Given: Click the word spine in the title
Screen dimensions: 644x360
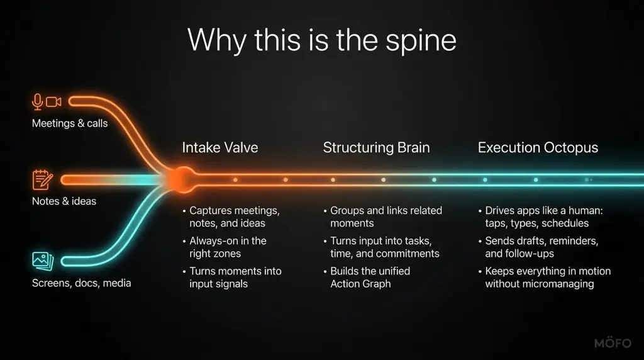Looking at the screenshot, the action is [421, 42].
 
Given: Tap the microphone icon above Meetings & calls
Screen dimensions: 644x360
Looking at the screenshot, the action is [37, 102].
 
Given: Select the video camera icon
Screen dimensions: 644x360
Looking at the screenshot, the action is [53, 101].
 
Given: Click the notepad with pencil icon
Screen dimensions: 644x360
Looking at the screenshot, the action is [42, 179].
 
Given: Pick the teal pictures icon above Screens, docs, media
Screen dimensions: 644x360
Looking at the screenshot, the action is [43, 261].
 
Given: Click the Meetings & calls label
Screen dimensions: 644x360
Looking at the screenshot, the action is [70, 123].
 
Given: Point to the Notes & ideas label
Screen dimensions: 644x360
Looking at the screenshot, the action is [64, 201].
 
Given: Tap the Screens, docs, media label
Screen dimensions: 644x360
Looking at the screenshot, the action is [81, 283].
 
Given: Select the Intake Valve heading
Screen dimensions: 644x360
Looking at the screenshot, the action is [220, 147].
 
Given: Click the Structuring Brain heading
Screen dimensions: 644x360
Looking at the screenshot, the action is [376, 147].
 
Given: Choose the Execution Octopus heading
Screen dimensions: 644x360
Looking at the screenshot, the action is [538, 147].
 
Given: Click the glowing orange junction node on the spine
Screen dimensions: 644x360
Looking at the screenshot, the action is [182, 179].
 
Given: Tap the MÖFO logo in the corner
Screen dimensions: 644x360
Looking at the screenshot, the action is [613, 343].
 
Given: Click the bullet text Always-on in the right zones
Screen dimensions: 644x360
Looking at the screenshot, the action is [228, 247].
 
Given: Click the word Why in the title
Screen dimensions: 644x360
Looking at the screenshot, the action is [217, 41].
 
